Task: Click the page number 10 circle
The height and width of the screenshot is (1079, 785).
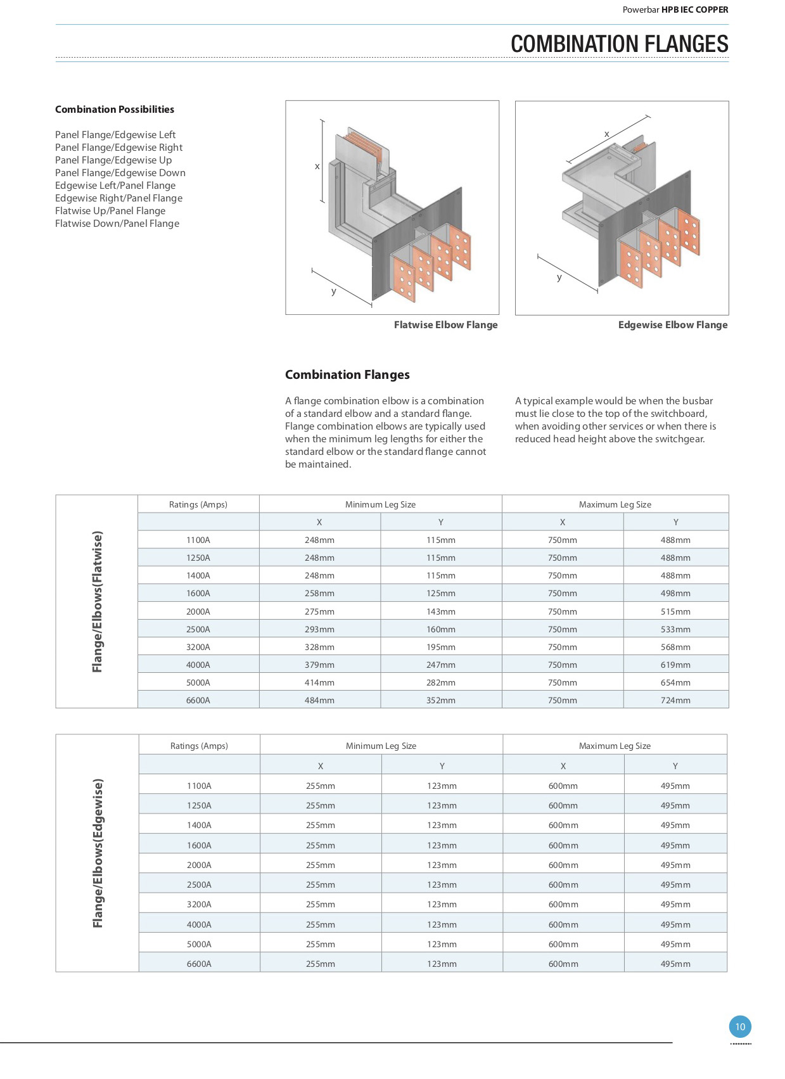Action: pos(740,1026)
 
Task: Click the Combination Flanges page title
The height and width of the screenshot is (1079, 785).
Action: pos(619,44)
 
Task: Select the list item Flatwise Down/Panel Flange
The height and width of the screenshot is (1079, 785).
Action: pos(117,224)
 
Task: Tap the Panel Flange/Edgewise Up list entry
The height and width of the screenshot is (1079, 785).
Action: pos(113,160)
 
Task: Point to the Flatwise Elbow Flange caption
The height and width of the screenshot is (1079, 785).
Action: pos(445,325)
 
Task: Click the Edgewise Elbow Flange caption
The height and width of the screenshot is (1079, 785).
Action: pos(672,325)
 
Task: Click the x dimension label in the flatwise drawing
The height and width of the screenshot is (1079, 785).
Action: pos(317,167)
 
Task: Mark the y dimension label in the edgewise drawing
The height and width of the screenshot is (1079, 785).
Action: pos(559,278)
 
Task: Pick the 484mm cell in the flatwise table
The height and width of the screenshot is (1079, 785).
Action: pos(319,700)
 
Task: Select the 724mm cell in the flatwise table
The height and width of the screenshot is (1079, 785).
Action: pos(675,700)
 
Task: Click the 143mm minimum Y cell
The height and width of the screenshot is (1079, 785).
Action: pos(440,611)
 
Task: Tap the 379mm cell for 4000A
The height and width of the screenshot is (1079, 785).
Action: pos(319,665)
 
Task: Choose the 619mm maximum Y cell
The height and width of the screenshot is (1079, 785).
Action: pos(675,665)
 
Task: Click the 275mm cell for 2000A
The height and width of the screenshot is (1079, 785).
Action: pos(319,611)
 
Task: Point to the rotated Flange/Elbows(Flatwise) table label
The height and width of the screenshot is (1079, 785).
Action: pos(97,601)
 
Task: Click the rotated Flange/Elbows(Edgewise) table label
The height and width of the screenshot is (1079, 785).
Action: pos(98,853)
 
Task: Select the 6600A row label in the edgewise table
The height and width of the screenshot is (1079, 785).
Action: pos(199,964)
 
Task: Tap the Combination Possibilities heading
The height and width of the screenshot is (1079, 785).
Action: pos(115,110)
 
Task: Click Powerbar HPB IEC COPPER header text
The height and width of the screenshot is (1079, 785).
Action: pos(675,10)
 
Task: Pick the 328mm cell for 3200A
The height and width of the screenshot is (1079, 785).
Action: pos(319,647)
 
